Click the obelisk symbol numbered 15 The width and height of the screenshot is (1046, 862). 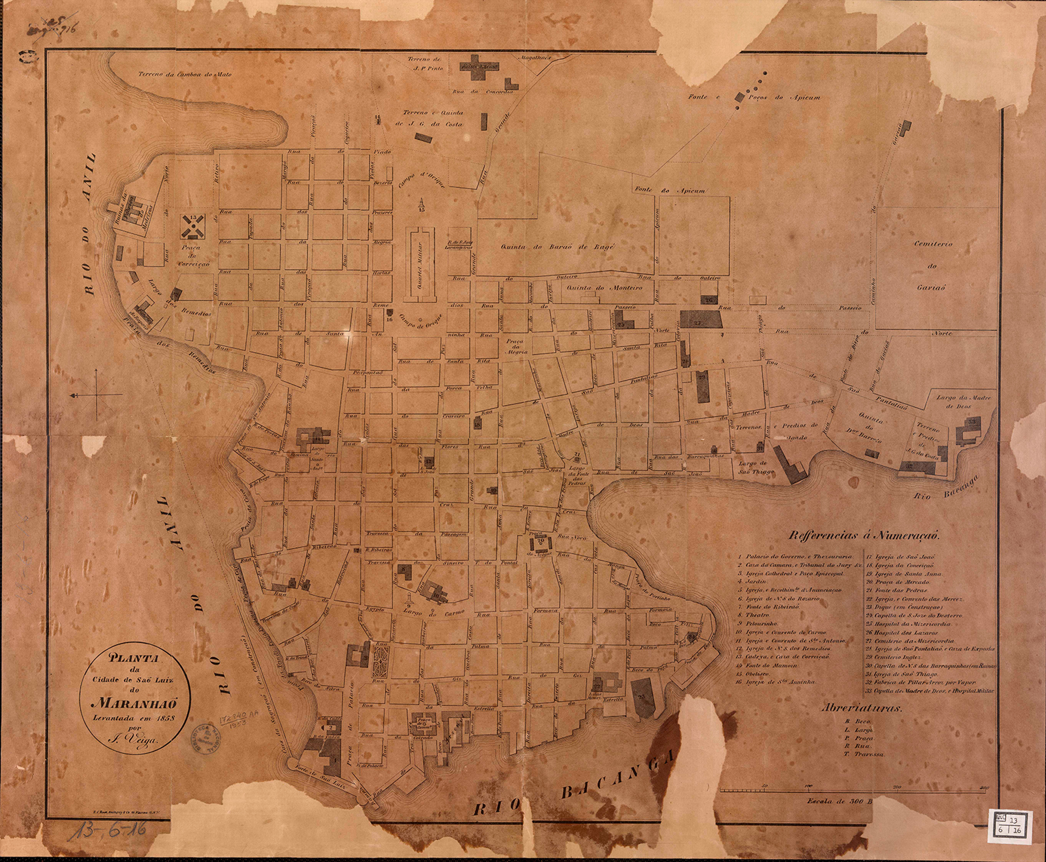click(x=421, y=205)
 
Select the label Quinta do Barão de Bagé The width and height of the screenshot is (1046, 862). click(x=559, y=246)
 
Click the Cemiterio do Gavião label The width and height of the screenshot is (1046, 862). click(x=932, y=266)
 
